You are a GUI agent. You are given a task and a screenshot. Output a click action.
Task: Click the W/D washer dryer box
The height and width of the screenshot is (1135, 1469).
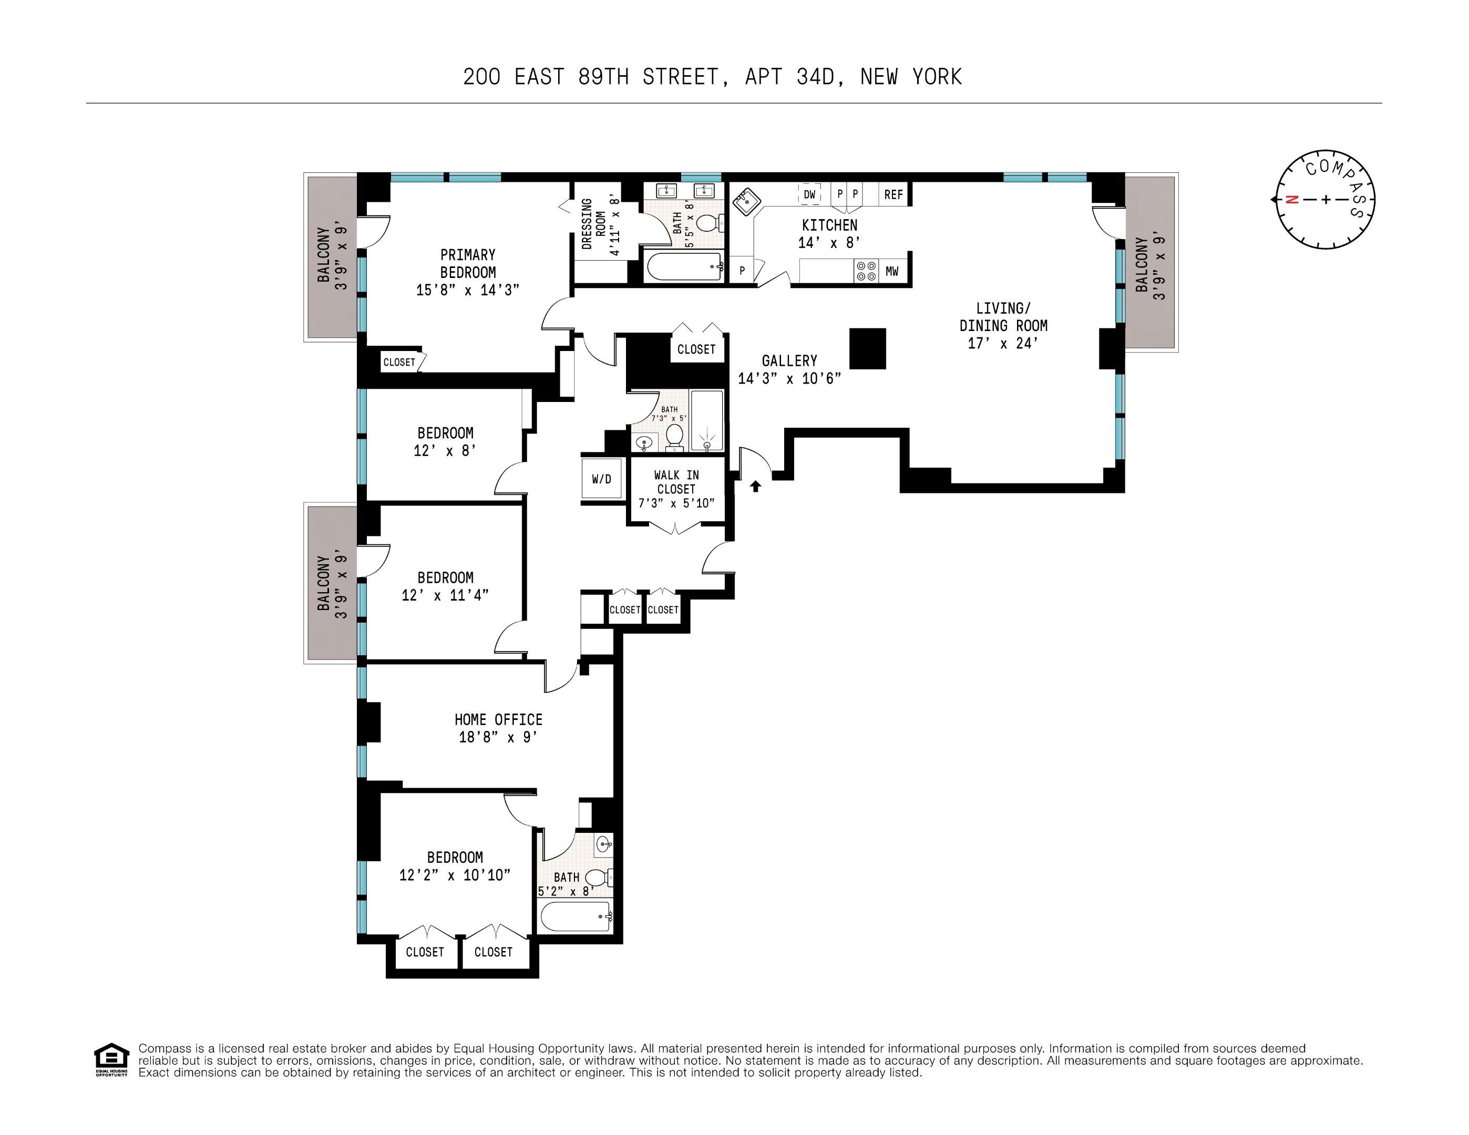pyautogui.click(x=601, y=479)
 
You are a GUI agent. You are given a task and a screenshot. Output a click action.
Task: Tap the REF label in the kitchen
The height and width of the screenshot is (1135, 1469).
pyautogui.click(x=893, y=195)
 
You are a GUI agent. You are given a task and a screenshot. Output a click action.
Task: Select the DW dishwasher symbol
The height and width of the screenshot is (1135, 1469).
pyautogui.click(x=810, y=194)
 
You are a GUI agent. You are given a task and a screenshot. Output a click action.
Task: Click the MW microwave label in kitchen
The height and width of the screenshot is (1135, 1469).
pyautogui.click(x=892, y=272)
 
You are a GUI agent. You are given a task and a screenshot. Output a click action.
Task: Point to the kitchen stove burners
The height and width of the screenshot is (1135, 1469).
pyautogui.click(x=866, y=271)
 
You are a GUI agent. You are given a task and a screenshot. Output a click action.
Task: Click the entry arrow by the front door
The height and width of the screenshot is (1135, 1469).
pyautogui.click(x=755, y=486)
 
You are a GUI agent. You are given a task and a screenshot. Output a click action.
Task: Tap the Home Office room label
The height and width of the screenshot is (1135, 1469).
pyautogui.click(x=498, y=719)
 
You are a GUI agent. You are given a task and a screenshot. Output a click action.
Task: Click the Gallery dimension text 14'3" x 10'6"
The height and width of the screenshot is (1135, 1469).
pyautogui.click(x=789, y=378)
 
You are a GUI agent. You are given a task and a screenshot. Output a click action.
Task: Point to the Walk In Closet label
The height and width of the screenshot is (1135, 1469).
pyautogui.click(x=676, y=481)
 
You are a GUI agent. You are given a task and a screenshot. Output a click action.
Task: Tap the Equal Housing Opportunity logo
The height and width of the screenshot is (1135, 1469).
pyautogui.click(x=111, y=1060)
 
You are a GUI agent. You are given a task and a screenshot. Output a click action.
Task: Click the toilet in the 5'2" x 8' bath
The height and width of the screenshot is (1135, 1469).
pyautogui.click(x=597, y=877)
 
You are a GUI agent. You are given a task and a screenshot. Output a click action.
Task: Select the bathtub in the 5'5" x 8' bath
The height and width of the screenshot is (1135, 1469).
pyautogui.click(x=683, y=266)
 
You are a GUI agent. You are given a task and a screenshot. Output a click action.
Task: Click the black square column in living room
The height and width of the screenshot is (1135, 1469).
pyautogui.click(x=867, y=348)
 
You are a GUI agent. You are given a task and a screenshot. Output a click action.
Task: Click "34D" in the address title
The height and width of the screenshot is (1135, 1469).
pyautogui.click(x=815, y=77)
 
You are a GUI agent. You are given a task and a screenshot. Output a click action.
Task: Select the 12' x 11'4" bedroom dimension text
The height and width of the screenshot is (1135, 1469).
pyautogui.click(x=445, y=595)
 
